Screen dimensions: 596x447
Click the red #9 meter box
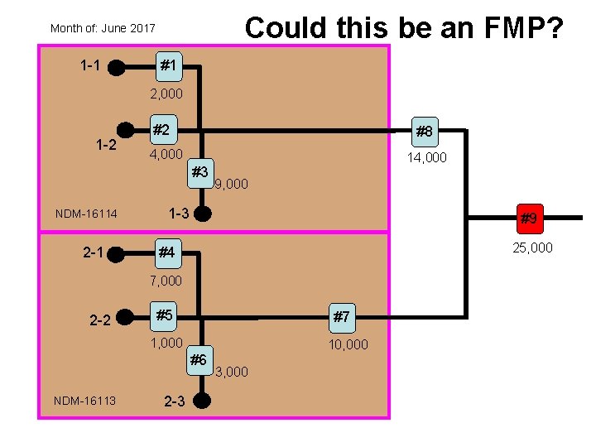point(529,219)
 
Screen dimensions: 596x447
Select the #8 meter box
point(424,131)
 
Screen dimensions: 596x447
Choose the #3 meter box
point(199,172)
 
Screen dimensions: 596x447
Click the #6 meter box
point(199,359)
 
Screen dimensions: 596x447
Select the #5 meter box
point(165,315)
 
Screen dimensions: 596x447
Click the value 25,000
point(532,248)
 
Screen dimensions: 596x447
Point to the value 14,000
point(426,157)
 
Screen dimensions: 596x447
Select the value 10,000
point(348,344)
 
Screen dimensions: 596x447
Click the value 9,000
point(231,184)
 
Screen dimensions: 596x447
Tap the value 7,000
point(166,281)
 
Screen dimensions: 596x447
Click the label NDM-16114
point(86,214)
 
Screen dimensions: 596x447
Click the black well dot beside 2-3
point(201,401)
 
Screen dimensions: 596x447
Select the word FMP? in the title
point(521,27)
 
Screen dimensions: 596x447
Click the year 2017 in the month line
point(142,28)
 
